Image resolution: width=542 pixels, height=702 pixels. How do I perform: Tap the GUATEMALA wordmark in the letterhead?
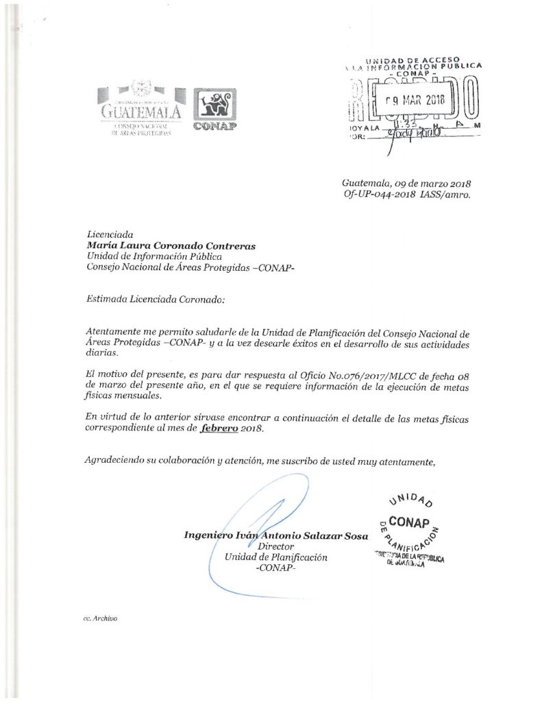(141, 110)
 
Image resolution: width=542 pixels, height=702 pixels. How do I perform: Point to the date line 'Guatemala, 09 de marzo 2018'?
(406, 183)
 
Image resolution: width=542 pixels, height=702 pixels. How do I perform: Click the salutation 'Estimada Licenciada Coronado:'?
(155, 299)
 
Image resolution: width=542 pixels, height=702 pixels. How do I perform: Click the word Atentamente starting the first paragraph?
(118, 331)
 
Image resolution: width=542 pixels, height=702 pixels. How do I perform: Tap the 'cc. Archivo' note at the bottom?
(100, 618)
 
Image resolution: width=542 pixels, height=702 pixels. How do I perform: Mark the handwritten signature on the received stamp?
(411, 135)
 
